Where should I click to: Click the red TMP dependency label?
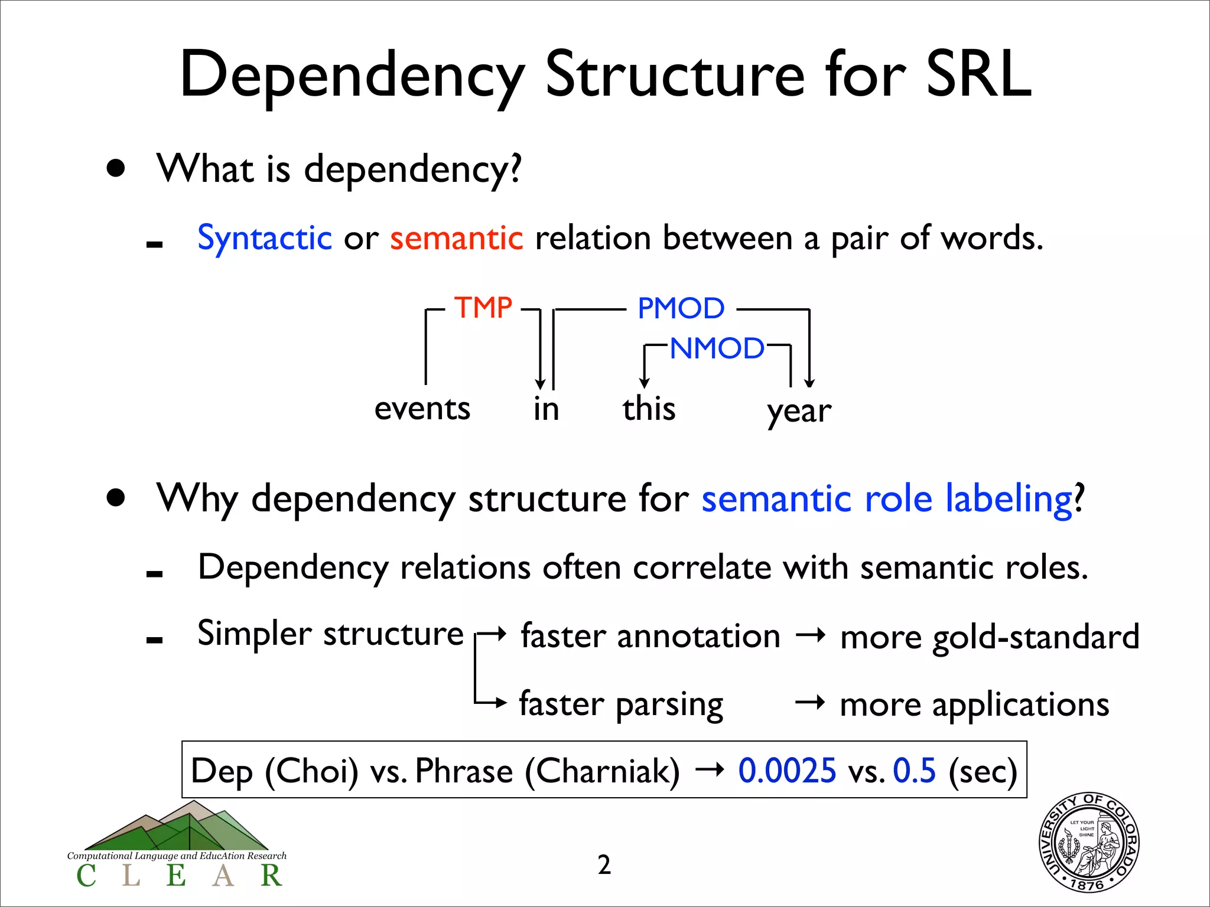tap(483, 308)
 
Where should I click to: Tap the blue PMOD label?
tap(681, 308)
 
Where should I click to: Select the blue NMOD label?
tap(717, 348)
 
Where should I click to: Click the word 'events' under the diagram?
tap(422, 409)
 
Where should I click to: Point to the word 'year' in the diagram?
tap(799, 411)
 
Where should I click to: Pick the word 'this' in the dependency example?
tap(649, 409)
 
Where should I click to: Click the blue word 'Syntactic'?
tap(264, 238)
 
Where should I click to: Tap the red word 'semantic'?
tap(456, 238)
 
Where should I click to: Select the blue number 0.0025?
tap(787, 771)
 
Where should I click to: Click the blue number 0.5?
tap(914, 771)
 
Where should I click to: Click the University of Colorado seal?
tap(1089, 841)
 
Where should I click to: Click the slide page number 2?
tap(604, 864)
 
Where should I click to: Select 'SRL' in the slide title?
tap(978, 74)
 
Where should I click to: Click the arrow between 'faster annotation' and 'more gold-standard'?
tap(810, 636)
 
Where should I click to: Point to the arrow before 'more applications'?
tap(810, 703)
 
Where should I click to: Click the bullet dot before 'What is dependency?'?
tap(116, 169)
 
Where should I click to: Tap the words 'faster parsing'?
tap(621, 704)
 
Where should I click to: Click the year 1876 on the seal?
tap(1087, 885)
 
